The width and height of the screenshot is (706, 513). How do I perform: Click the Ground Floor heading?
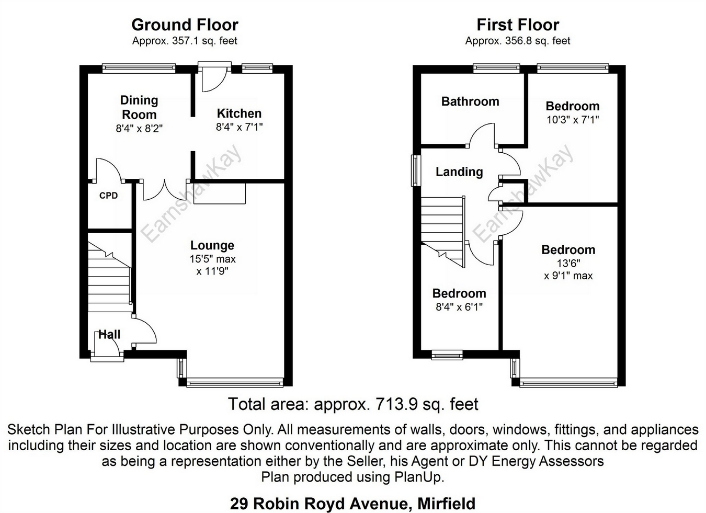point(185,25)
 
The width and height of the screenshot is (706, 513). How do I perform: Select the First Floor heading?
point(517,25)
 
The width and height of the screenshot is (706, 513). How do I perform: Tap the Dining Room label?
point(139,107)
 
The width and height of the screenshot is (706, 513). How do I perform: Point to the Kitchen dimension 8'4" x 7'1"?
point(239,127)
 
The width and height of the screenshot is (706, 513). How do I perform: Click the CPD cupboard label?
point(108,196)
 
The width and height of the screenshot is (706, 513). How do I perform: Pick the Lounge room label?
point(212,245)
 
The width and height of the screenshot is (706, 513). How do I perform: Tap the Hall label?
point(109,335)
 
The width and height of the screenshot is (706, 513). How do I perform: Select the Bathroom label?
point(470,101)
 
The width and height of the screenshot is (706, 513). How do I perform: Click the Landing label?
point(459,172)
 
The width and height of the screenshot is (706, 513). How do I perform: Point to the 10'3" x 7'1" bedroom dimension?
point(572,120)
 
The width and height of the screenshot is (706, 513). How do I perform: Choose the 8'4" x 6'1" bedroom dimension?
point(459,307)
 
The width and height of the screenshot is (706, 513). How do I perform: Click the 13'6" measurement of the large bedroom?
point(568,264)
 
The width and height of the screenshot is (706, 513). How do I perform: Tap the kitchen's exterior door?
point(214,76)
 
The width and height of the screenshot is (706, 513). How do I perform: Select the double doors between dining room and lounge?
point(165,189)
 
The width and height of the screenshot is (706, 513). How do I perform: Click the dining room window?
point(139,66)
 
